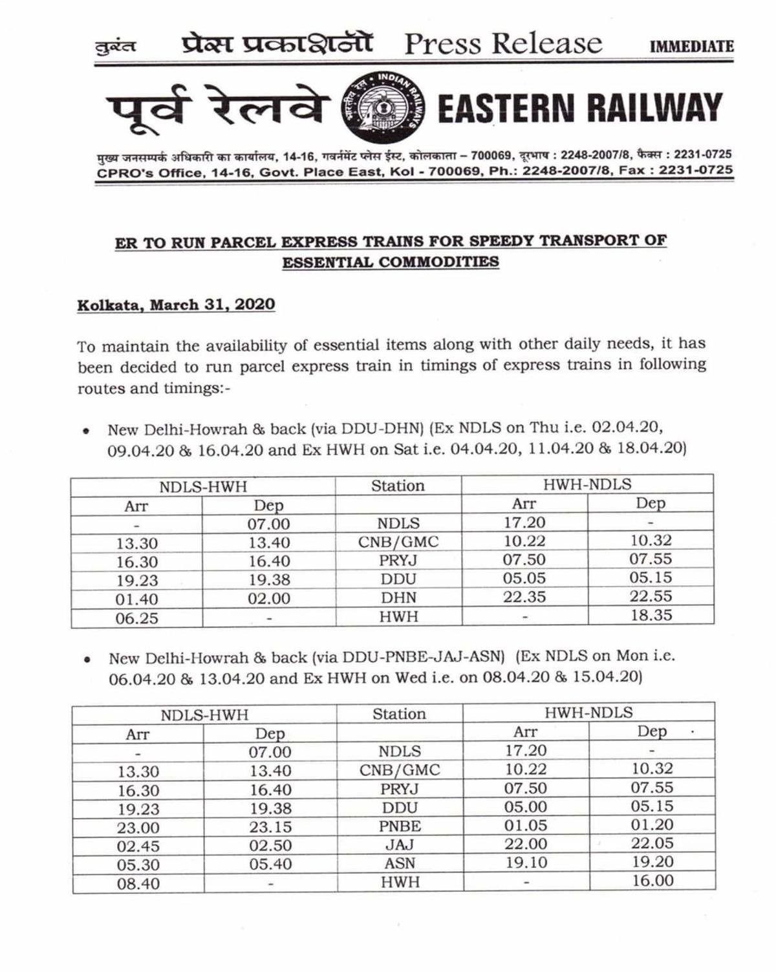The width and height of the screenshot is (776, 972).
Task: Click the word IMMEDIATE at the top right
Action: coord(691,47)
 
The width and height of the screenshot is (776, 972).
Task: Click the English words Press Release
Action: coord(503,44)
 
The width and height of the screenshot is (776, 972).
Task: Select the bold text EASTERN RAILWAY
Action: coord(579,108)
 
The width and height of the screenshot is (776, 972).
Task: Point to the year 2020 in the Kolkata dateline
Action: coord(255,305)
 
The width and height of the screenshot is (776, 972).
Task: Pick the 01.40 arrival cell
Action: coord(136,599)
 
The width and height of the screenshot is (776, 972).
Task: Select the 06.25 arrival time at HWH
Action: coord(136,618)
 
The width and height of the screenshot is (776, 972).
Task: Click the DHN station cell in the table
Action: coord(398,598)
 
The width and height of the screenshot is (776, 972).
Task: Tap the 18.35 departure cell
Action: coord(651,615)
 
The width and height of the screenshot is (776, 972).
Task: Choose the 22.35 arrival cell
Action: coord(524,596)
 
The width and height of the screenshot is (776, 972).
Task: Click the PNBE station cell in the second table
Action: coord(400,826)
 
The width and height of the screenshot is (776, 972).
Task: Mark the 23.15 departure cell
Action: coord(270,826)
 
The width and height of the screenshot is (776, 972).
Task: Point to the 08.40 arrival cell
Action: coord(138,883)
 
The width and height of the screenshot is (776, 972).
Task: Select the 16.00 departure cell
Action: coord(652,880)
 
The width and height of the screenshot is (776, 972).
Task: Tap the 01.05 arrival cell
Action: coord(525,825)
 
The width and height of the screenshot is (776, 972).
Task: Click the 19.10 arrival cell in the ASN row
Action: coord(525,862)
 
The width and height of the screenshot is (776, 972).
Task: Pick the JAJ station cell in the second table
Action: coord(400,845)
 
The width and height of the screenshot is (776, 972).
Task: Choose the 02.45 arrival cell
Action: coord(138,846)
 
